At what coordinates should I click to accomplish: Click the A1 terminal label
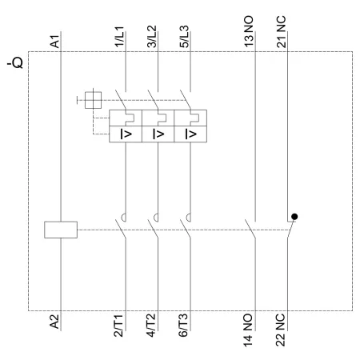pyautogui.click(x=55, y=42)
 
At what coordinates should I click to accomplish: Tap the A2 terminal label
pyautogui.click(x=54, y=322)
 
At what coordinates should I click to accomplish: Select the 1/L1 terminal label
pyautogui.click(x=119, y=37)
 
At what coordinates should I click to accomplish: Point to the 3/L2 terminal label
pyautogui.click(x=152, y=37)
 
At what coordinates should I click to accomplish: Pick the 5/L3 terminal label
pyautogui.click(x=184, y=37)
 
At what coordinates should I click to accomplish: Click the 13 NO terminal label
pyautogui.click(x=249, y=31)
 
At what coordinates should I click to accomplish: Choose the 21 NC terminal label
pyautogui.click(x=282, y=32)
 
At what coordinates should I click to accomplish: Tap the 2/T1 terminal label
pyautogui.click(x=118, y=326)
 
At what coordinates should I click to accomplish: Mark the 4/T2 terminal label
pyautogui.click(x=151, y=326)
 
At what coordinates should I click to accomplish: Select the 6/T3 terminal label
pyautogui.click(x=183, y=326)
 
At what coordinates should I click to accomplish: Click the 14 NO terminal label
pyautogui.click(x=248, y=330)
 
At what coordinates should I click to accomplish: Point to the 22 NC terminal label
pyautogui.click(x=281, y=330)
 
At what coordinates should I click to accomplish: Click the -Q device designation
pyautogui.click(x=15, y=63)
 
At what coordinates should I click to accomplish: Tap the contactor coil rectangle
pyautogui.click(x=61, y=230)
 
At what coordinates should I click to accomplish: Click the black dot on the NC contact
pyautogui.click(x=294, y=217)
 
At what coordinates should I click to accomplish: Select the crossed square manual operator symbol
pyautogui.click(x=93, y=100)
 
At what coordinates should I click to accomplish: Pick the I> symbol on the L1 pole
pyautogui.click(x=126, y=134)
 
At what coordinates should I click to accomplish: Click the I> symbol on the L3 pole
pyautogui.click(x=191, y=134)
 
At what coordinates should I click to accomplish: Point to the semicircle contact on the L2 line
pyautogui.click(x=156, y=218)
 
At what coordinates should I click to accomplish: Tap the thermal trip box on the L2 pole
pyautogui.click(x=158, y=118)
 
